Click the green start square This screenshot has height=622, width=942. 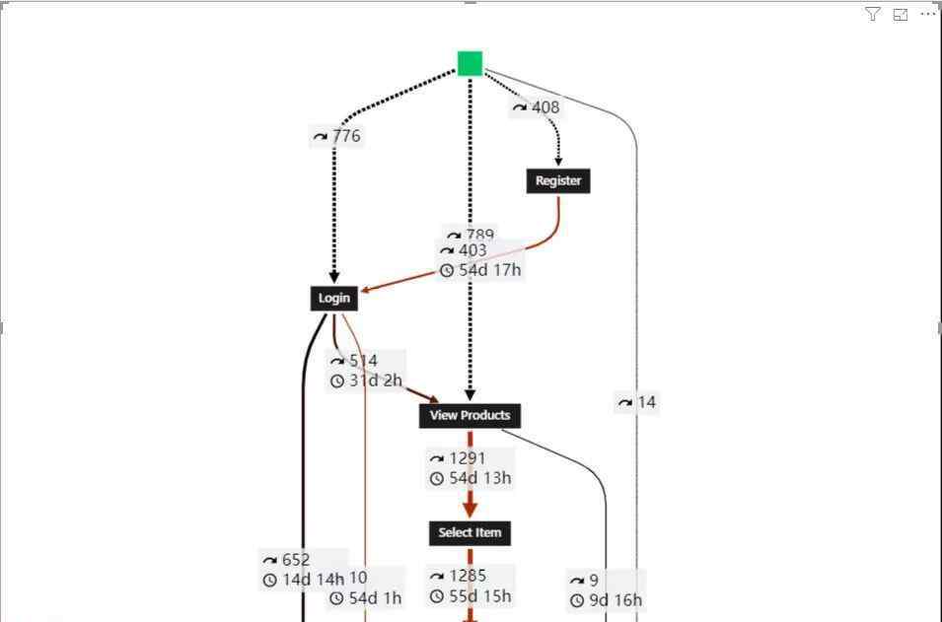[470, 64]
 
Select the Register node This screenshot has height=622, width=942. [558, 180]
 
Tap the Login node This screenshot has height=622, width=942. [333, 298]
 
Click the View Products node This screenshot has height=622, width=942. [470, 415]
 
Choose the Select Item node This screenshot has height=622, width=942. [470, 532]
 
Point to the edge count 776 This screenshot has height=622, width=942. [345, 136]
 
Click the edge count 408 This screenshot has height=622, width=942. [544, 107]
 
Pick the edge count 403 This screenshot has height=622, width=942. [472, 250]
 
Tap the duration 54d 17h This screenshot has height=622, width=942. [489, 270]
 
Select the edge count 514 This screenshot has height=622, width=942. [363, 361]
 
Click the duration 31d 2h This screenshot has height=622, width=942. [376, 380]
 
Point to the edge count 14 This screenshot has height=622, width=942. [646, 402]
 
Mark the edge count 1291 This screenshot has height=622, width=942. [467, 458]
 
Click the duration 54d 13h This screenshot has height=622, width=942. [479, 478]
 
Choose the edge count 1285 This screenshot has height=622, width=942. [467, 576]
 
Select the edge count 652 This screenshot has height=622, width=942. [295, 560]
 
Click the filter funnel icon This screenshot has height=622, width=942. [873, 14]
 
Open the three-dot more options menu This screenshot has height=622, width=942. [927, 14]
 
